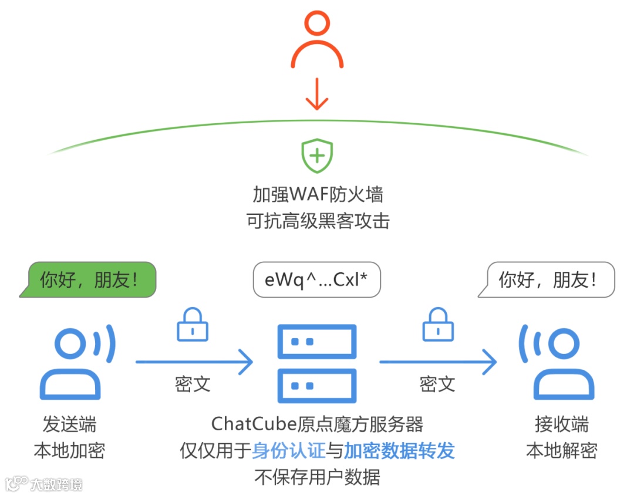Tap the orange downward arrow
click(x=316, y=95)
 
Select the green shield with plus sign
click(x=317, y=156)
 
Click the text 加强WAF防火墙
click(x=318, y=194)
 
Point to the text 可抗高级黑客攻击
click(x=318, y=221)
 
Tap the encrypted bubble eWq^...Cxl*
click(x=316, y=280)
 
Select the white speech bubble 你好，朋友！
click(x=547, y=280)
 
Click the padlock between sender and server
click(x=193, y=325)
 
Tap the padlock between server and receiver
click(x=438, y=325)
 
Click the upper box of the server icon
click(x=317, y=341)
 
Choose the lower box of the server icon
click(x=317, y=385)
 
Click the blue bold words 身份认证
click(x=289, y=451)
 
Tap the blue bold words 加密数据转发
click(x=399, y=451)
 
